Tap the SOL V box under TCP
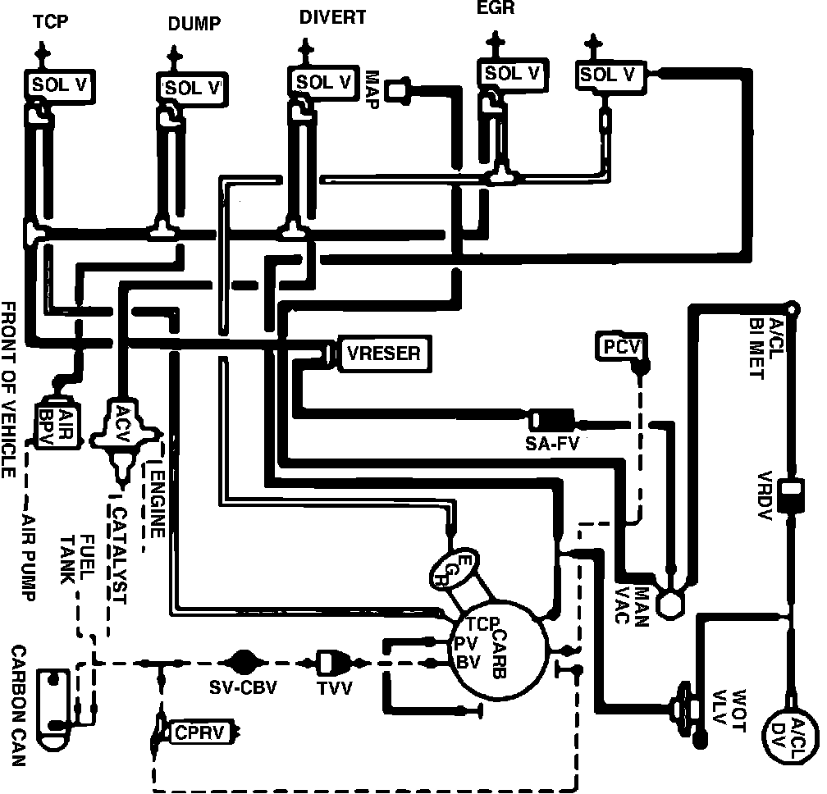tap(59, 84)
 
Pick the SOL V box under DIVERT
tap(323, 82)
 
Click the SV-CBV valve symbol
tap(243, 661)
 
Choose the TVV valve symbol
tap(333, 661)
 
